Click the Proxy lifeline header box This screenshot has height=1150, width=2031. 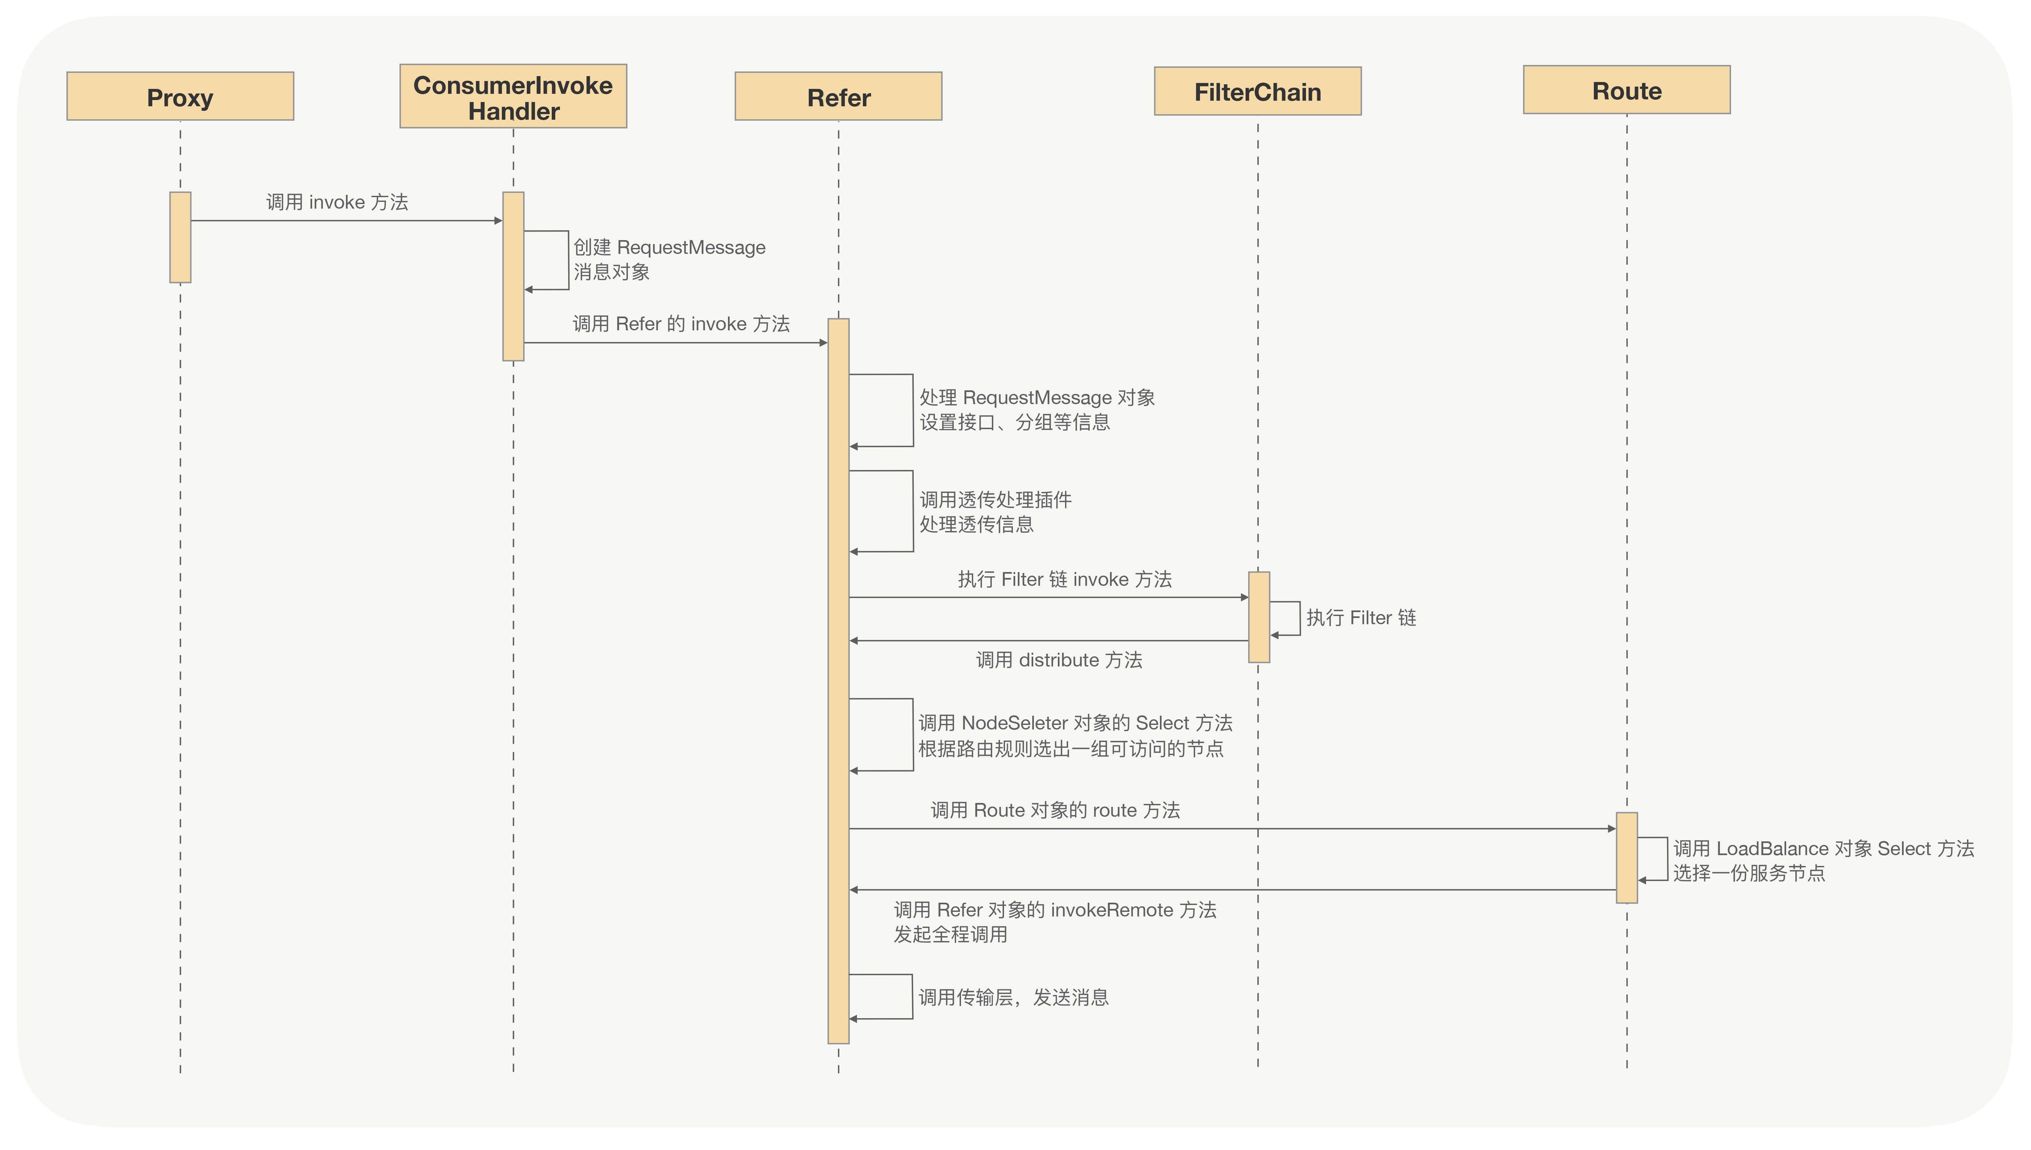click(x=180, y=96)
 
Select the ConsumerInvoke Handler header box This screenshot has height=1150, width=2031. click(x=513, y=96)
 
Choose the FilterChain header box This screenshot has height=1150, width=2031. click(x=1257, y=92)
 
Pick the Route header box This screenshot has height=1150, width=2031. click(x=1626, y=90)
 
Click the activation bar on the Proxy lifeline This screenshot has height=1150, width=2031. click(x=180, y=237)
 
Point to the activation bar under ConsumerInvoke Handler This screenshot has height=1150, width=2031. click(x=513, y=277)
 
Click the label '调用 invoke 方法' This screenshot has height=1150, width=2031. click(x=337, y=202)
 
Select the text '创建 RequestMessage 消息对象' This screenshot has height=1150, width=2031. click(x=669, y=259)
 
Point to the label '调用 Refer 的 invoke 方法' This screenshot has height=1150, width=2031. click(x=680, y=324)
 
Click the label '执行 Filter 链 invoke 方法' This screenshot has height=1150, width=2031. click(x=1064, y=580)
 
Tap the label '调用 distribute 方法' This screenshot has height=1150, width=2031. click(x=1059, y=660)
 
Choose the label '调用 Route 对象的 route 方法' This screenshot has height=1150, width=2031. click(x=1055, y=811)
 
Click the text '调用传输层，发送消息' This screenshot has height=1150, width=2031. click(x=1013, y=997)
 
